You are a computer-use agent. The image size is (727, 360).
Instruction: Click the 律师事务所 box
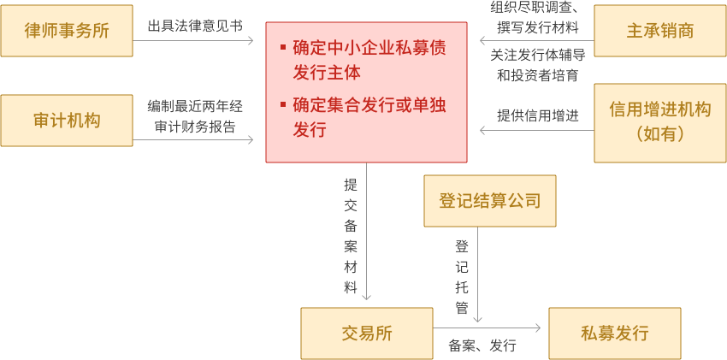pos(67,32)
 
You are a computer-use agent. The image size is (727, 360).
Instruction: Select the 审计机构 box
pos(67,121)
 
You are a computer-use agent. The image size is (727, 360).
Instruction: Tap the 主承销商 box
pos(659,32)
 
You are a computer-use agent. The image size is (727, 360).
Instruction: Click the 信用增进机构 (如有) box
pos(659,121)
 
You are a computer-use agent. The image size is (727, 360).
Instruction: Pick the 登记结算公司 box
pos(490,201)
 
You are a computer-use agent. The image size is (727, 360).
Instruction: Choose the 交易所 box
pos(366,333)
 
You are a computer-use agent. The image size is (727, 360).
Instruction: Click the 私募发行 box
pos(615,333)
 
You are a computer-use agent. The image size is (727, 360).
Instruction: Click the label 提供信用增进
pos(538,115)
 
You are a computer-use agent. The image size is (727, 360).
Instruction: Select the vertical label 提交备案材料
pos(350,235)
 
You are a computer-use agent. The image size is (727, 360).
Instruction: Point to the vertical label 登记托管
pos(462,275)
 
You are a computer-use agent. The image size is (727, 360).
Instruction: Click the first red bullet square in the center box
pos(283,46)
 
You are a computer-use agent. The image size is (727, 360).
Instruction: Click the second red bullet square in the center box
pos(283,105)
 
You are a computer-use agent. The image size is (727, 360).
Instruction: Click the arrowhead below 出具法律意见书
pos(251,40)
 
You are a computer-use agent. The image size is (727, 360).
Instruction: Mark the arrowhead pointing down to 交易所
pos(367,296)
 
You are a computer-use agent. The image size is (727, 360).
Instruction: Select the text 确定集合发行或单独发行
pos(369,117)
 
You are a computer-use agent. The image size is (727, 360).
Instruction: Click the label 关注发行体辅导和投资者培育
pos(537,65)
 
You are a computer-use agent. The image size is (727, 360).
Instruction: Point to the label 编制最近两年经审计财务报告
pos(195,117)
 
